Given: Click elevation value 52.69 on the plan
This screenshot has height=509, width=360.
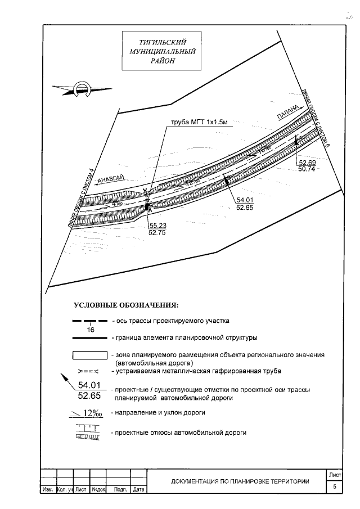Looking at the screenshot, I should [x=306, y=163].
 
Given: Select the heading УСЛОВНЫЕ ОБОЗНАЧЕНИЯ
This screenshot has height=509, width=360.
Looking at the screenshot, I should [x=126, y=305].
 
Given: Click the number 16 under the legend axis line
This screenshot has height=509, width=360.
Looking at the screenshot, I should [x=90, y=330].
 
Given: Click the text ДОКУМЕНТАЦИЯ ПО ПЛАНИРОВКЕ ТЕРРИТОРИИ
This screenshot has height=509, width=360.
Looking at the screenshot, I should [x=240, y=481].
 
